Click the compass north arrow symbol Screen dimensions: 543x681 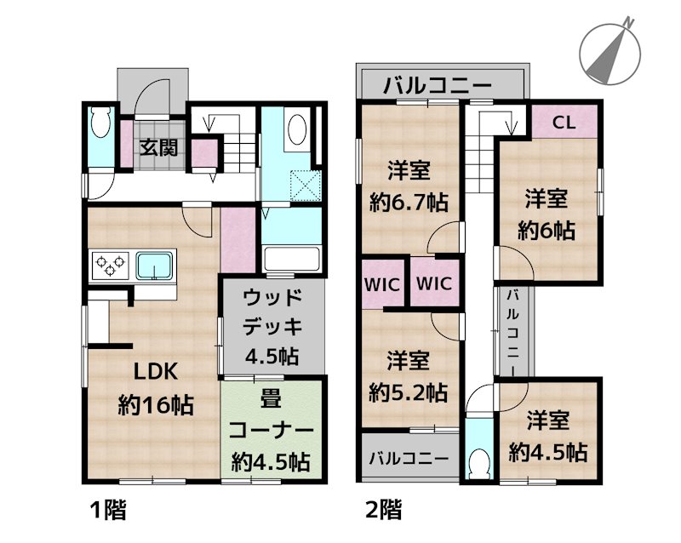point(610,49)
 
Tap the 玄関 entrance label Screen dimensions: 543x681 point(159,147)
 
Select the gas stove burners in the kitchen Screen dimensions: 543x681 point(107,266)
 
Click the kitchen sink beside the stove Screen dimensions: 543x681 point(153,266)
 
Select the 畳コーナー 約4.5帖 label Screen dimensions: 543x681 point(272,429)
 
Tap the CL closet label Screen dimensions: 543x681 point(564,121)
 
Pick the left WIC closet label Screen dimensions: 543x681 point(383,283)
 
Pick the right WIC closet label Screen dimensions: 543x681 point(434,283)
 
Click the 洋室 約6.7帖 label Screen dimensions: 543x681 point(409,186)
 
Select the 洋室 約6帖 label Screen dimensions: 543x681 point(547,214)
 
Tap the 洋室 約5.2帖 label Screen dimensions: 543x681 point(409,375)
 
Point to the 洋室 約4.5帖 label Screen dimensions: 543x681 point(547,435)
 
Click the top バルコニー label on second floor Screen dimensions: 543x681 point(437,85)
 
